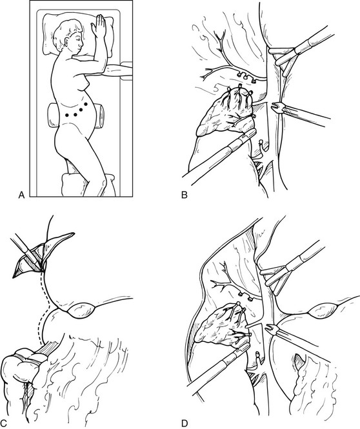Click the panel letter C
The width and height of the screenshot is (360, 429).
coord(5,424)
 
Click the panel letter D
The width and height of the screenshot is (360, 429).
coord(185,424)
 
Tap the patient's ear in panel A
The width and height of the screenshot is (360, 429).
coord(66,43)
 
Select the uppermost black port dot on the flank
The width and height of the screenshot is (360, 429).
coord(86,104)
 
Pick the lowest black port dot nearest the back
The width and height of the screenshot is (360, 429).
coord(67,115)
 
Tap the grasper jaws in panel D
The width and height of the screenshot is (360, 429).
coord(272,328)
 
